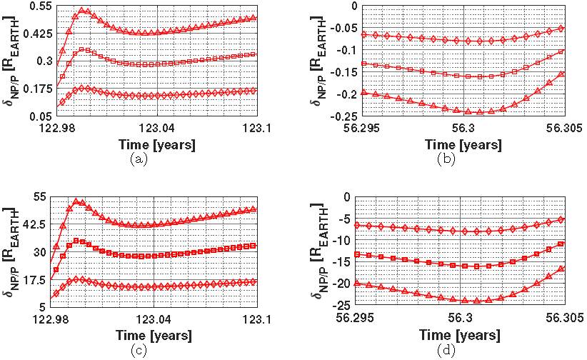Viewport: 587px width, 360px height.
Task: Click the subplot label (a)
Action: pos(139,160)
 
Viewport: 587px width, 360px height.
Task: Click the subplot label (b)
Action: pos(445,160)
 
